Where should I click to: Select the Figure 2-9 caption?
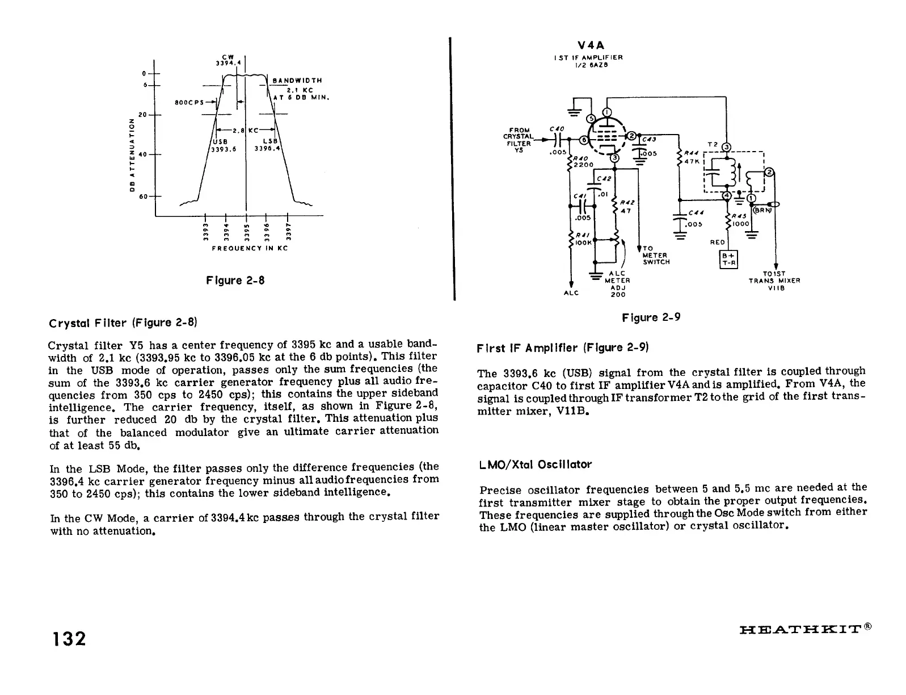point(651,317)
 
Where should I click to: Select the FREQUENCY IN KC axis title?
point(250,249)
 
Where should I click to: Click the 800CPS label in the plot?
point(189,103)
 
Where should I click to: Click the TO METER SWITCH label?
point(655,255)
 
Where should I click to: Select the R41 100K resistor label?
point(583,238)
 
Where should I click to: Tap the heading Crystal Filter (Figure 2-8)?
point(123,323)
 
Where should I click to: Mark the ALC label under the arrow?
point(571,293)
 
